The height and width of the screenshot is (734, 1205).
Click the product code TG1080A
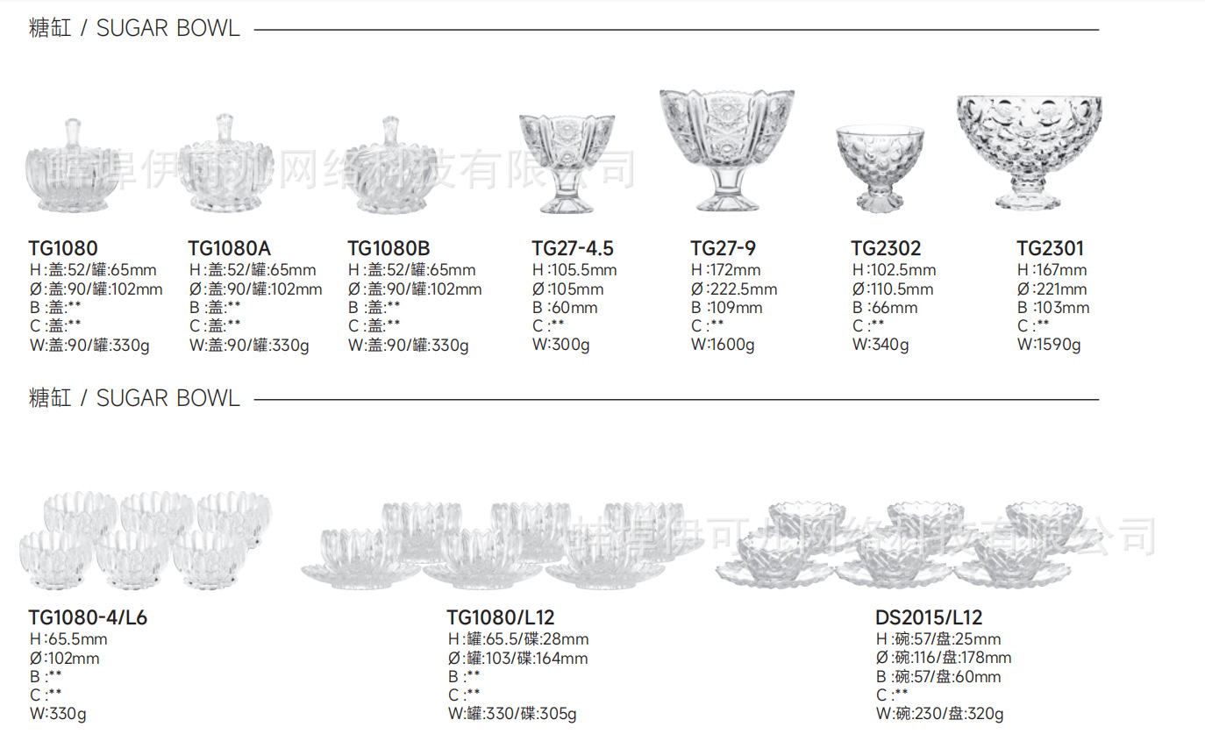coord(230,249)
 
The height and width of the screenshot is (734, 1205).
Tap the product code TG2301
coord(1051,249)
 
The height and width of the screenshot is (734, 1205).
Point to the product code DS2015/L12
coord(929,618)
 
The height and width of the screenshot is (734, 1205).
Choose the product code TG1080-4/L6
coord(88,618)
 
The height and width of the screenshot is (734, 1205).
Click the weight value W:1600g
coord(723,345)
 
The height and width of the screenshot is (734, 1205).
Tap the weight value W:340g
coord(881,345)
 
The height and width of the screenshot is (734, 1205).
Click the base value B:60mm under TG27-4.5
coord(565,308)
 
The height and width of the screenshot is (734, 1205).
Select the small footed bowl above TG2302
coord(880,167)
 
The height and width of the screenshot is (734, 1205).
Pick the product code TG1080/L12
coord(501,618)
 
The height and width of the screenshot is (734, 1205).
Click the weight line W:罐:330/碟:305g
coord(512,714)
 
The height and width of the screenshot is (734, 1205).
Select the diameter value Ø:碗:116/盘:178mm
coord(943,658)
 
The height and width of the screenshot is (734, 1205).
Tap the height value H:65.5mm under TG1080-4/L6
coord(68,639)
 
